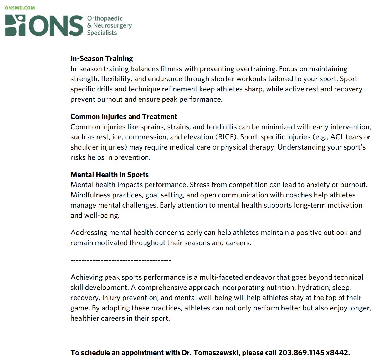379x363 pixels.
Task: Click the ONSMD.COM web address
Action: pyautogui.click(x=20, y=8)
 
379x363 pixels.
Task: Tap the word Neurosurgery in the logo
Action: pyautogui.click(x=112, y=25)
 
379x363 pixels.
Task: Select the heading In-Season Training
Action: pyautogui.click(x=101, y=58)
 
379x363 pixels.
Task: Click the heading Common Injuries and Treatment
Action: pyautogui.click(x=124, y=116)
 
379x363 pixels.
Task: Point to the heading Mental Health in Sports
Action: pyautogui.click(x=110, y=175)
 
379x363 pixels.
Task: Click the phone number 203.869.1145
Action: pyautogui.click(x=301, y=352)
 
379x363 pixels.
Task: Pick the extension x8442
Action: pyautogui.click(x=338, y=352)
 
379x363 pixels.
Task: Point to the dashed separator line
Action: pyautogui.click(x=121, y=260)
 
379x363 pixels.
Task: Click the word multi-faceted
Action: pyautogui.click(x=221, y=277)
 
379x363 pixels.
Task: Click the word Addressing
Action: pyautogui.click(x=89, y=233)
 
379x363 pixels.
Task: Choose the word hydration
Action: pyautogui.click(x=313, y=288)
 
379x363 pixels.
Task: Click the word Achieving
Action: pyautogui.click(x=86, y=277)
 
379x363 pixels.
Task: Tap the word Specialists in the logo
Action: pyautogui.click(x=102, y=33)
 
